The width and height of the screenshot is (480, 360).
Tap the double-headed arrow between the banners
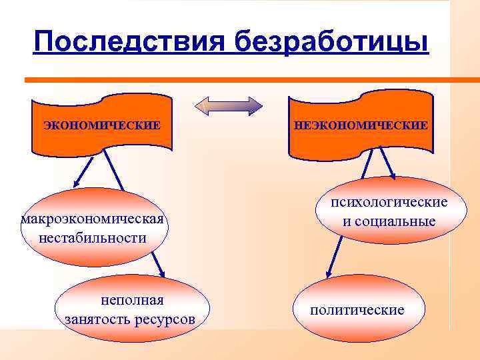[x=229, y=107]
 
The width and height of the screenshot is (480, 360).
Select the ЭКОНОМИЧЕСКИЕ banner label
[x=102, y=125]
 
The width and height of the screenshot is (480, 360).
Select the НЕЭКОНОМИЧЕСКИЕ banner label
[x=361, y=125]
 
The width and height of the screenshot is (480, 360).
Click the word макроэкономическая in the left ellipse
[x=93, y=219]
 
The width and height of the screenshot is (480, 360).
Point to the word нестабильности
[x=93, y=237]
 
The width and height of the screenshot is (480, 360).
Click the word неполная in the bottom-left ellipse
[x=132, y=301]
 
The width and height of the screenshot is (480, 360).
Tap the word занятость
[x=94, y=319]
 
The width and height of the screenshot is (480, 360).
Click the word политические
[x=357, y=310]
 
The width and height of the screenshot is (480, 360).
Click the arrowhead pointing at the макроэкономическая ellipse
[x=75, y=183]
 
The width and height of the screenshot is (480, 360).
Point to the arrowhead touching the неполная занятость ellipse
[x=161, y=274]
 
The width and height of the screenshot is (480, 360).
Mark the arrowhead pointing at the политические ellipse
[x=328, y=274]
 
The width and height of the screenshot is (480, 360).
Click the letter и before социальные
[x=347, y=221]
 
